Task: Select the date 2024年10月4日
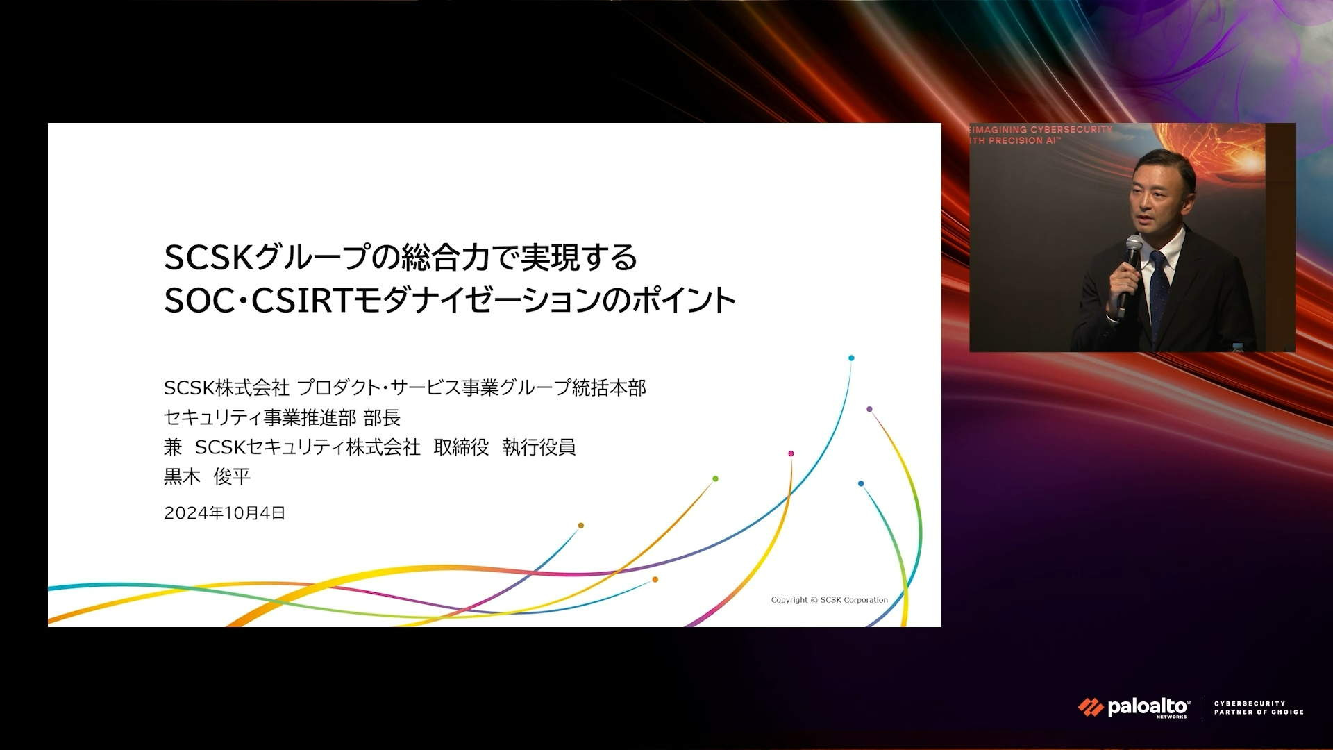point(224,513)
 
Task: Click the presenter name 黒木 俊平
point(207,476)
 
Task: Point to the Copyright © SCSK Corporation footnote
point(829,600)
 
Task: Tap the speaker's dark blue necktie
point(1158,292)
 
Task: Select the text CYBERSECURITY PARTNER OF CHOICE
point(1259,708)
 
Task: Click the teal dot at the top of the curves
point(851,358)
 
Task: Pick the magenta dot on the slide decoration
point(791,453)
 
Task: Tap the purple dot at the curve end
point(869,409)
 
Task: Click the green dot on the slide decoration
point(715,478)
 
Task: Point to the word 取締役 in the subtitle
point(461,447)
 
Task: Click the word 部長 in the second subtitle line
point(382,417)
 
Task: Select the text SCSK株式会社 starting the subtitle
point(226,387)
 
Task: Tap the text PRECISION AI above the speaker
point(1021,140)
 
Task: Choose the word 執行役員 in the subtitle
point(539,447)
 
